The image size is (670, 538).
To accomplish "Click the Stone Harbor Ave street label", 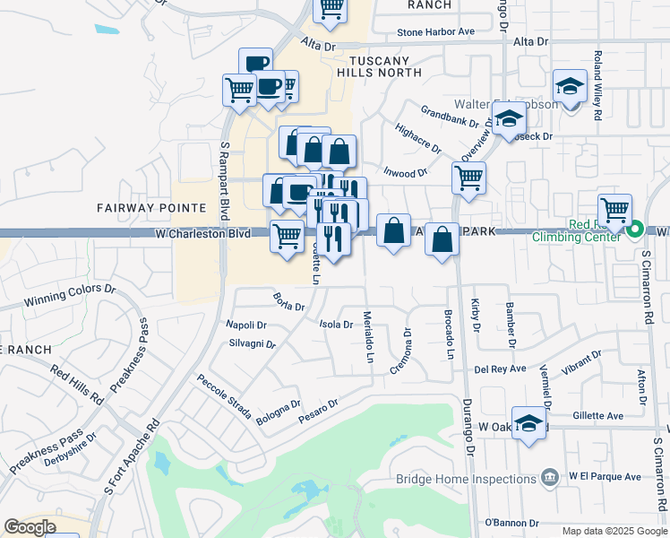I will pos(436,31).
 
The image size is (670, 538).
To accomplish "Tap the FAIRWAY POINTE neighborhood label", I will pos(138,208).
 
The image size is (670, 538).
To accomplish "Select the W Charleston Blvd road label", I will pos(202,233).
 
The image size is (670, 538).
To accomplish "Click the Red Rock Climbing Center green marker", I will pos(635,230).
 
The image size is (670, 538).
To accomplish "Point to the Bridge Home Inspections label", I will pos(465,479).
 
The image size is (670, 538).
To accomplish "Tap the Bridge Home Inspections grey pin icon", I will pos(552,475).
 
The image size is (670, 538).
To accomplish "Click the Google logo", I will pos(30,527).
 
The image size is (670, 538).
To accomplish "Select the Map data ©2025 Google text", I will pos(614,531).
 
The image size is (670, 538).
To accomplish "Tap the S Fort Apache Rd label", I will pos(131,458).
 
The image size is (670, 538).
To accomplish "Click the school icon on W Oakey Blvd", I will pos(530,423).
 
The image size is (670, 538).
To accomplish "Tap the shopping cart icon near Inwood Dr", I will pos(469,178).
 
